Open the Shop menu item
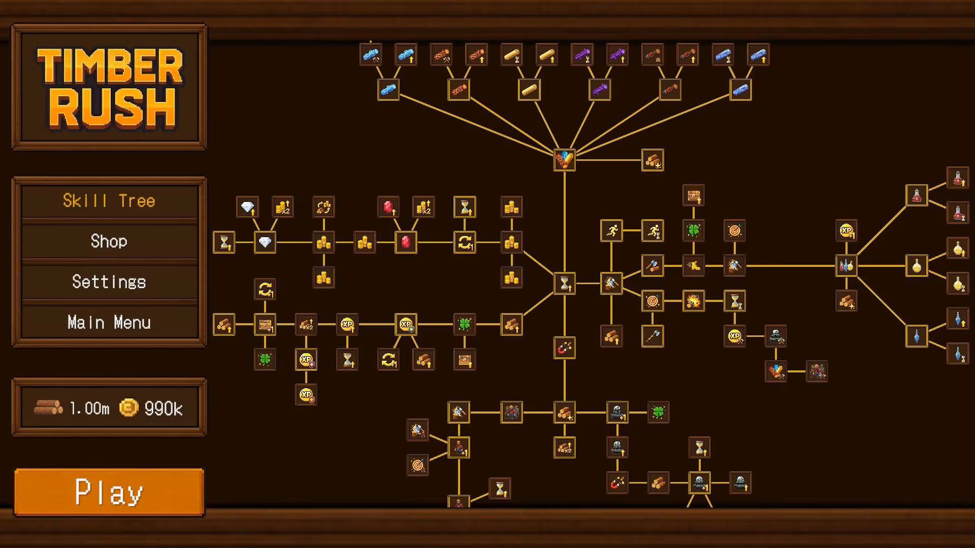click(x=109, y=241)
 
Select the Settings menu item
click(x=109, y=282)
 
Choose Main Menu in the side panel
click(x=109, y=322)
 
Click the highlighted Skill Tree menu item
click(x=109, y=201)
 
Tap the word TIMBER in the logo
click(x=110, y=65)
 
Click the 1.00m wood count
click(x=89, y=408)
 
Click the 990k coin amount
click(x=164, y=408)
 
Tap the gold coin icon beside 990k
click(x=128, y=407)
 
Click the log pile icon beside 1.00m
click(x=48, y=407)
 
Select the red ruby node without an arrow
click(x=406, y=242)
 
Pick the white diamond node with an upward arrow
click(x=247, y=207)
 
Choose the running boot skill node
click(x=694, y=265)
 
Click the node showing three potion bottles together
click(x=847, y=265)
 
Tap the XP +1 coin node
click(x=847, y=230)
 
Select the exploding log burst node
click(x=694, y=301)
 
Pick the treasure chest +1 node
click(x=265, y=324)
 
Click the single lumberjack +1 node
click(x=459, y=448)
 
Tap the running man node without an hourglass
click(x=611, y=230)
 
